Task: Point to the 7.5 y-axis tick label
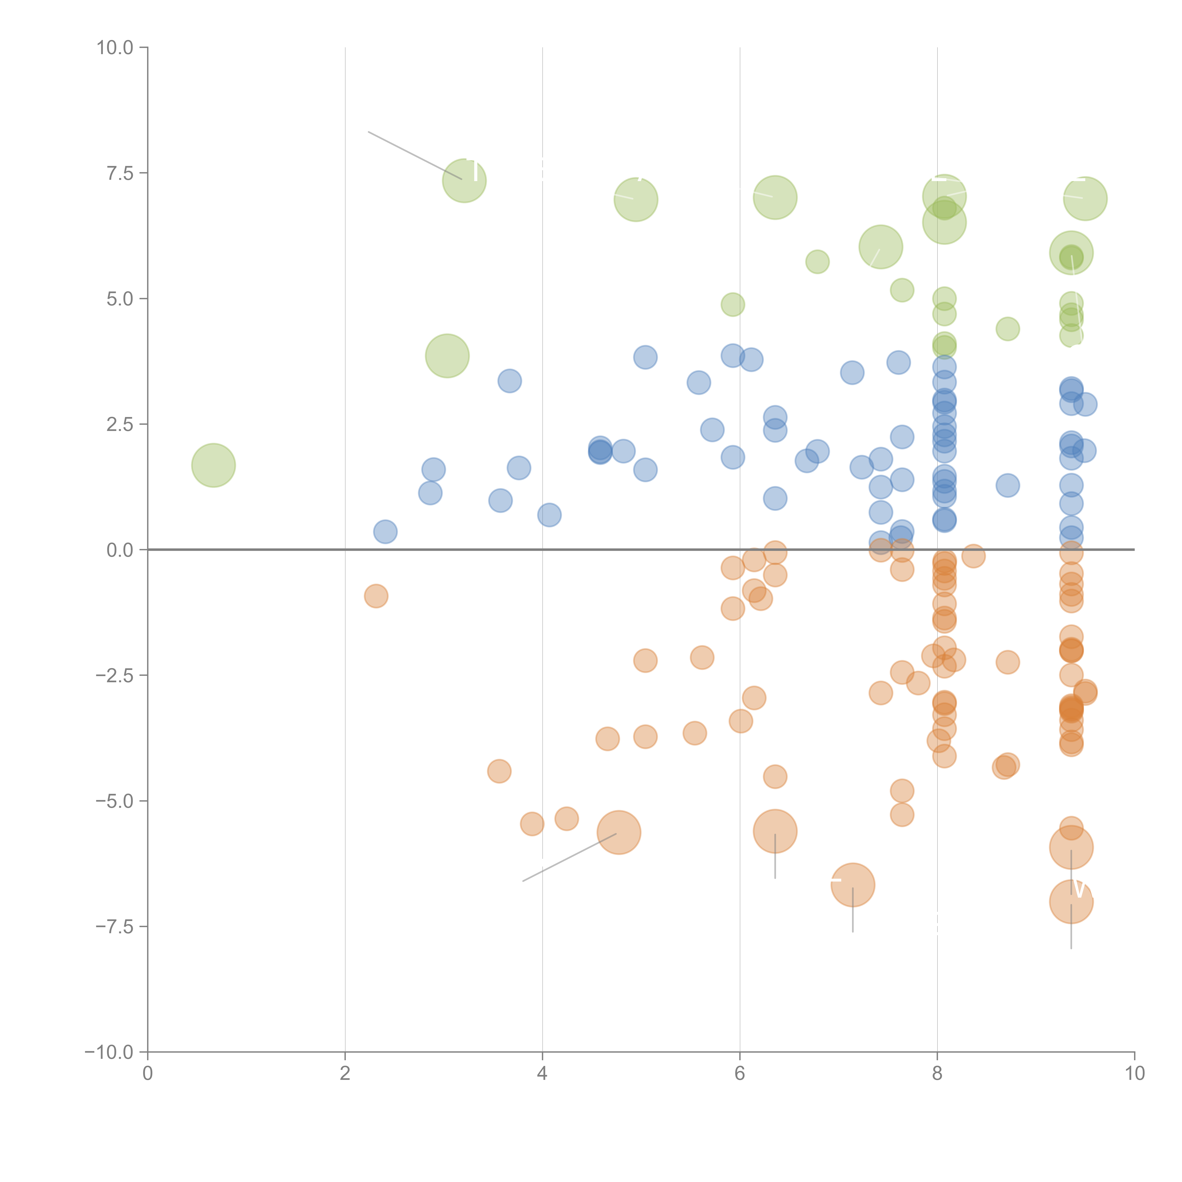pyautogui.click(x=120, y=173)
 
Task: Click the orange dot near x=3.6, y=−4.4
pyautogui.click(x=499, y=771)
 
